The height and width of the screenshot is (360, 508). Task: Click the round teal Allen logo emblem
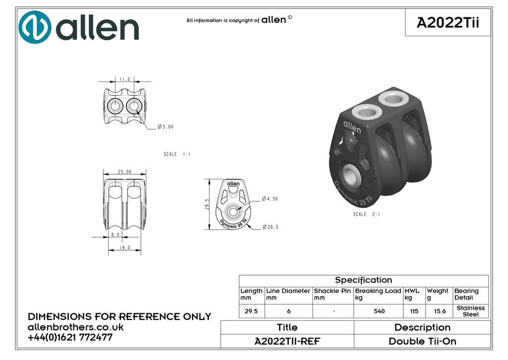[35, 27]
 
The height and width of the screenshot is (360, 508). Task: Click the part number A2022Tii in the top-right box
[448, 23]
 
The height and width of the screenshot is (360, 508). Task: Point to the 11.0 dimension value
[125, 79]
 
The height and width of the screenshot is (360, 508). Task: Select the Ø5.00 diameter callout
[166, 127]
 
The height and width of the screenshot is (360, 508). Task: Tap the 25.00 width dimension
[125, 172]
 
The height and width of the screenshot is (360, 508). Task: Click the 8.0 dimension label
[115, 234]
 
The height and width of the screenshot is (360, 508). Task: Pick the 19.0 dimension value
[125, 248]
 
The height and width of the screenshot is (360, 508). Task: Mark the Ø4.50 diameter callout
[270, 199]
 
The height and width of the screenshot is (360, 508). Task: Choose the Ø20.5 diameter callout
[270, 227]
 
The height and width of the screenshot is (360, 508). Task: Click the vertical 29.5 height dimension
[207, 204]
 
